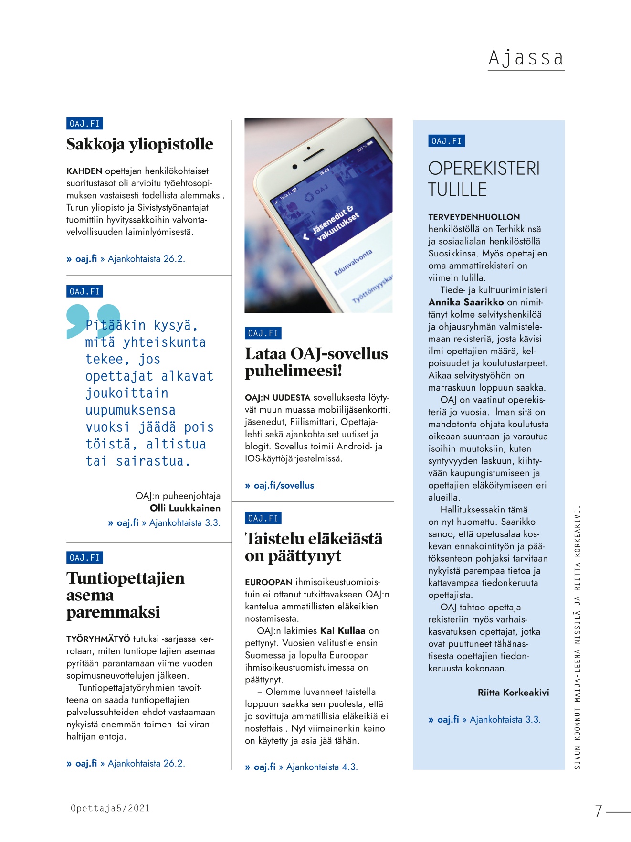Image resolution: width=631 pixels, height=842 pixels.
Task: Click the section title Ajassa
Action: click(x=526, y=58)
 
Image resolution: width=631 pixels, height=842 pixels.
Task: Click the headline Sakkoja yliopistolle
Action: click(x=139, y=144)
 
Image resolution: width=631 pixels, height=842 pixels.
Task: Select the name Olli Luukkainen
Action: click(x=185, y=508)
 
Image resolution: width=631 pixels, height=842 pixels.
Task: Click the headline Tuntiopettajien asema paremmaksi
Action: click(x=125, y=595)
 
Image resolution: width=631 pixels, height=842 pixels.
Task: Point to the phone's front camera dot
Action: click(x=295, y=167)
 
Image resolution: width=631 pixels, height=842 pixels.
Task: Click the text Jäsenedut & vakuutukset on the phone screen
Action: click(x=335, y=223)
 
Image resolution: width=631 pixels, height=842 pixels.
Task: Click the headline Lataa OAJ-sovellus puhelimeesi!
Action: click(x=316, y=362)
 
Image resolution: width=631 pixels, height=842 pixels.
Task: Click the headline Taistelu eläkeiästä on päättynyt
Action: click(x=313, y=547)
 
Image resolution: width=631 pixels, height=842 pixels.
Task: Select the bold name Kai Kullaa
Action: click(x=342, y=631)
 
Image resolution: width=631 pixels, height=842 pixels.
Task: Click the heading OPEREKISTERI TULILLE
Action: click(x=484, y=179)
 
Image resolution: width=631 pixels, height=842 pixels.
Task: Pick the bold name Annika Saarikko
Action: click(x=466, y=302)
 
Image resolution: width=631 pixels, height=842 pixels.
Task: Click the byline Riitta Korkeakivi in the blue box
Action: click(x=513, y=693)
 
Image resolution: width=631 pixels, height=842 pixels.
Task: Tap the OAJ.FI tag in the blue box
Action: click(x=446, y=141)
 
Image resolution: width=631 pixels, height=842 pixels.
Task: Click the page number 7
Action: click(x=598, y=811)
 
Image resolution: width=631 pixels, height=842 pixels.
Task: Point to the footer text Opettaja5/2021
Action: click(x=110, y=809)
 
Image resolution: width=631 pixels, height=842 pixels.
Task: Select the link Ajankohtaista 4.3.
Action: click(x=322, y=767)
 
